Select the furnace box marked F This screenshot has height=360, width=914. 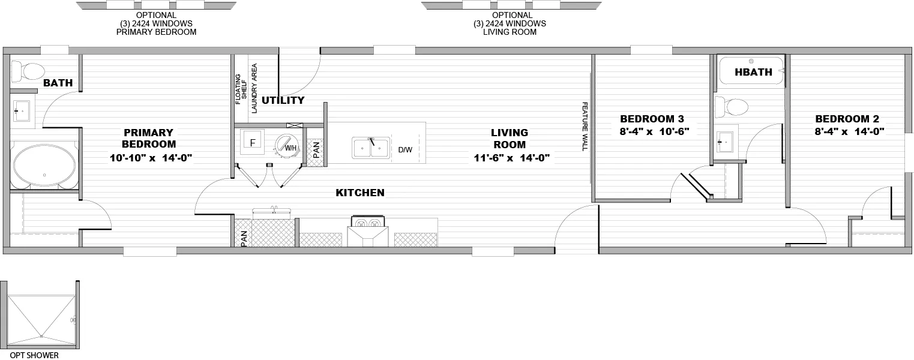click(x=253, y=143)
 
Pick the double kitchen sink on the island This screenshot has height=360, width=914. click(x=371, y=148)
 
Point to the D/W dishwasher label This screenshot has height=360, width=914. click(x=405, y=149)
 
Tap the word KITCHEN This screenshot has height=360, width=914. click(x=359, y=193)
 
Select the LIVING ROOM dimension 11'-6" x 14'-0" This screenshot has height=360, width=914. click(x=509, y=158)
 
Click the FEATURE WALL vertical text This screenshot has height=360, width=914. click(x=584, y=126)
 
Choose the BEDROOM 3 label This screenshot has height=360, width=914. click(x=652, y=119)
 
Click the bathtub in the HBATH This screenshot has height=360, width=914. click(x=751, y=71)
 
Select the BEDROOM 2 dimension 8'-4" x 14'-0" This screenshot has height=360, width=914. click(x=849, y=131)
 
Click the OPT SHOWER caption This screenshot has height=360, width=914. click(x=34, y=355)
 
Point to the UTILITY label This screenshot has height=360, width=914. click(x=283, y=100)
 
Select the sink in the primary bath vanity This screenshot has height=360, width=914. click(x=22, y=110)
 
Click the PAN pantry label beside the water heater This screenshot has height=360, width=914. click(x=315, y=150)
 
